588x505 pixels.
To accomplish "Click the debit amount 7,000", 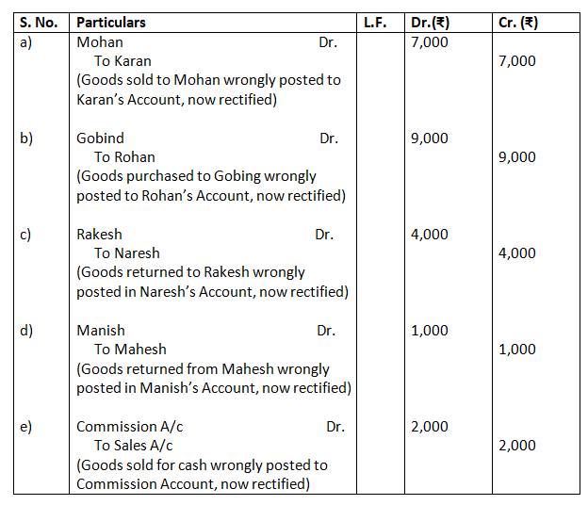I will pyautogui.click(x=430, y=42).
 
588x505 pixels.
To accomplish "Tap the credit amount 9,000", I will pyautogui.click(x=516, y=157).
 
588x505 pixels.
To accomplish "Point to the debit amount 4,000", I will pyautogui.click(x=430, y=235).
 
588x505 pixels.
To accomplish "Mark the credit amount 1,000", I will pyautogui.click(x=516, y=350).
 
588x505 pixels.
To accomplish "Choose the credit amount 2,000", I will pyautogui.click(x=516, y=446).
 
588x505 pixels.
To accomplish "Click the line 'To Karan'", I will pyautogui.click(x=122, y=61).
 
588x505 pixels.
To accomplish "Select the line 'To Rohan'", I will pyautogui.click(x=124, y=157).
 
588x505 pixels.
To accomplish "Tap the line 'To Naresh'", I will pyautogui.click(x=127, y=253).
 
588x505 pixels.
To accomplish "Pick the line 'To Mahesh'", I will pyautogui.click(x=130, y=350).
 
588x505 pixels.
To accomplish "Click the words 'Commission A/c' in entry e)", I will pyautogui.click(x=130, y=427).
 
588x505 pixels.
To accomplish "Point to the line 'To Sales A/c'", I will pyautogui.click(x=133, y=446).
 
